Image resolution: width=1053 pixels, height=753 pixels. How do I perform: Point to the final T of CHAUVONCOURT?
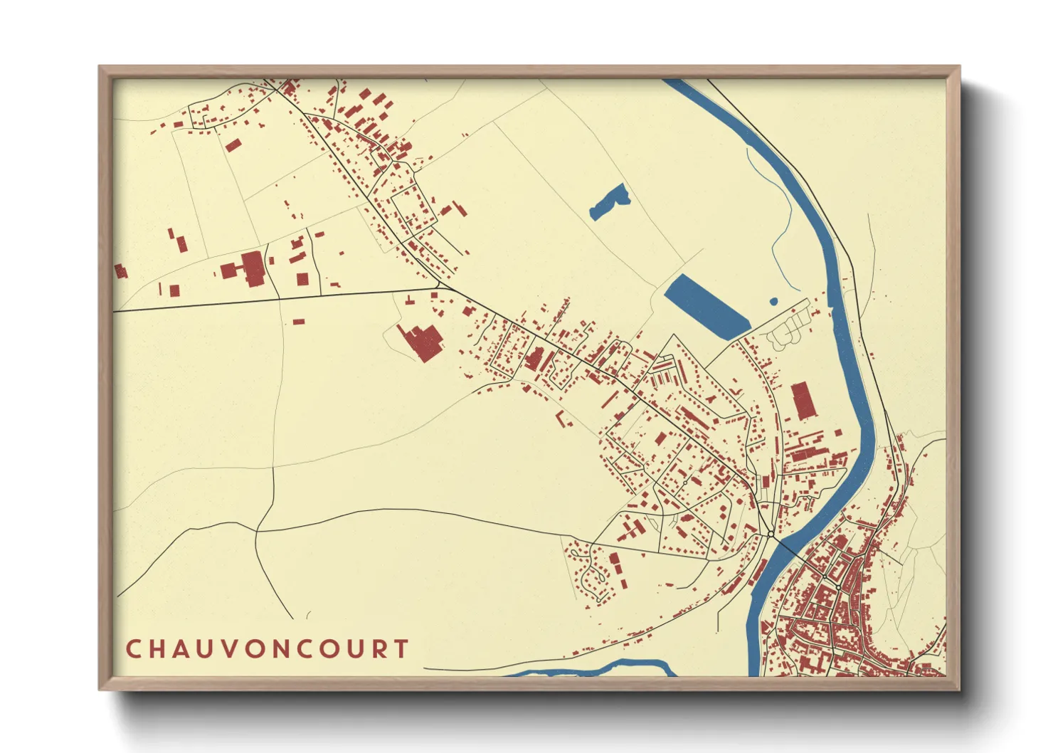pyautogui.click(x=403, y=648)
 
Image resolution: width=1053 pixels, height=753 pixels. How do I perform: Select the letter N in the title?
pyautogui.click(x=282, y=648)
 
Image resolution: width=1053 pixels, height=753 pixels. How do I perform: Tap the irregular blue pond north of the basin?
pyautogui.click(x=610, y=201)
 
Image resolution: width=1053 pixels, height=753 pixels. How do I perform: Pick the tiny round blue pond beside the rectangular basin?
pyautogui.click(x=773, y=302)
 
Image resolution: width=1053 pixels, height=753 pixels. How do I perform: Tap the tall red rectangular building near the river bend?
pyautogui.click(x=803, y=401)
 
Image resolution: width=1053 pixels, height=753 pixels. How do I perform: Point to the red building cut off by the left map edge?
pyautogui.click(x=120, y=271)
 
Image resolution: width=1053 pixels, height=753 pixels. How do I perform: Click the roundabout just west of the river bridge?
pyautogui.click(x=771, y=533)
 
